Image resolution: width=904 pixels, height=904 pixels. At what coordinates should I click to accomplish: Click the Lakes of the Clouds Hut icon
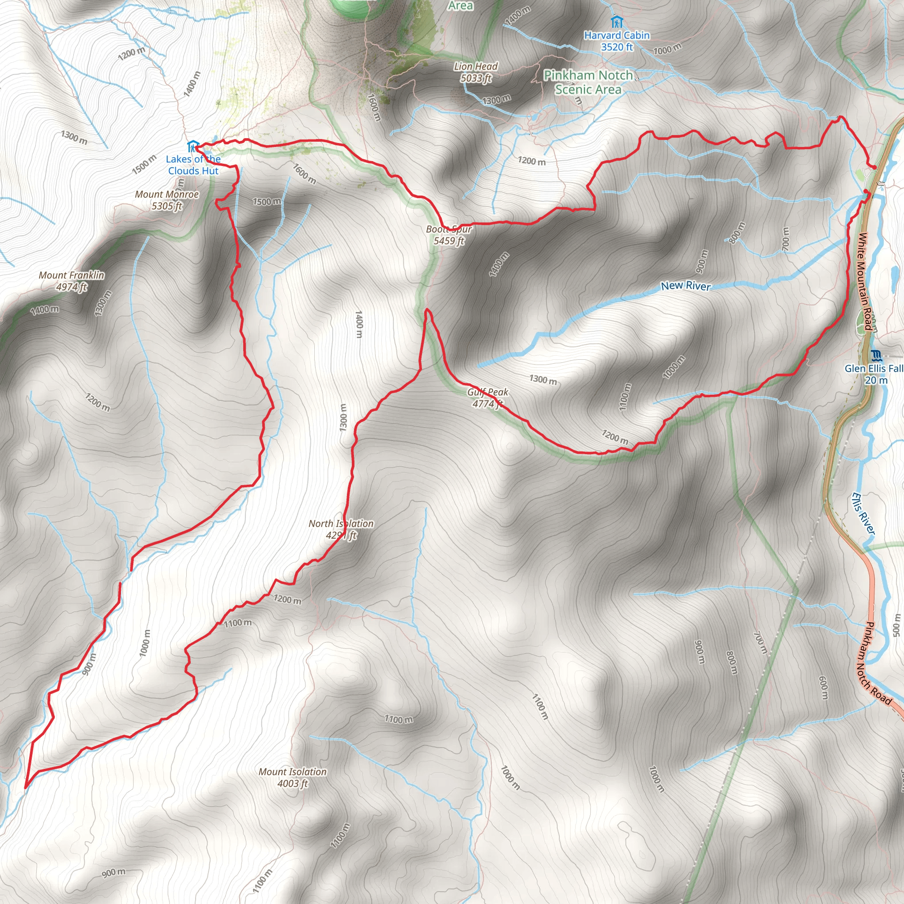(193, 147)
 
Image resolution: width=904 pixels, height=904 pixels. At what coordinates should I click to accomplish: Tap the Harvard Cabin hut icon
(617, 22)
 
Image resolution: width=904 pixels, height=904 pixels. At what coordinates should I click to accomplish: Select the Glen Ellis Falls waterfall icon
(876, 356)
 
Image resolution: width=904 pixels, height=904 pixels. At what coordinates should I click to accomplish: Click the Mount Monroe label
(166, 200)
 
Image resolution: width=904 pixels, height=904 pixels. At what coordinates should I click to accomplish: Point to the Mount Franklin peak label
(72, 281)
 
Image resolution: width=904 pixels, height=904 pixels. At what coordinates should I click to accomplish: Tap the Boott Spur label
(449, 235)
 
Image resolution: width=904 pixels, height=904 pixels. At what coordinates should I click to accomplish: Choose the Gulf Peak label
(488, 398)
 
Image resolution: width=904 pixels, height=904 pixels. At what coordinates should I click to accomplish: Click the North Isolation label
(341, 529)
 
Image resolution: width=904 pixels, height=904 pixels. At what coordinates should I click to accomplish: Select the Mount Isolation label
(293, 777)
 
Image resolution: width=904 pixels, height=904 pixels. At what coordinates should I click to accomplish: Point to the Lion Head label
(475, 72)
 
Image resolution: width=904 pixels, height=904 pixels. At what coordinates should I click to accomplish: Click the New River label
(686, 286)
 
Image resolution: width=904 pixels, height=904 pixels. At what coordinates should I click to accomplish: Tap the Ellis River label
(863, 513)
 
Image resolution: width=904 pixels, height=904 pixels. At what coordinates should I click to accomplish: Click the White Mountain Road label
(865, 281)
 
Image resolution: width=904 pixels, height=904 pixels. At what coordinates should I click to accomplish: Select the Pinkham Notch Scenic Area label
(588, 82)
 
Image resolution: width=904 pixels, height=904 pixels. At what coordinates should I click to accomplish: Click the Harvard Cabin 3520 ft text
(617, 41)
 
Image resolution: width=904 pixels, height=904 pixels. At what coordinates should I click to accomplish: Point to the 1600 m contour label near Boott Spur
(305, 173)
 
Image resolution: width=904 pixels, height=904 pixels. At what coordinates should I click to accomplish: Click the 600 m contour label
(823, 688)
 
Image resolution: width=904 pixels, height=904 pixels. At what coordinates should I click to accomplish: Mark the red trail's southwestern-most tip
(25, 787)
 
